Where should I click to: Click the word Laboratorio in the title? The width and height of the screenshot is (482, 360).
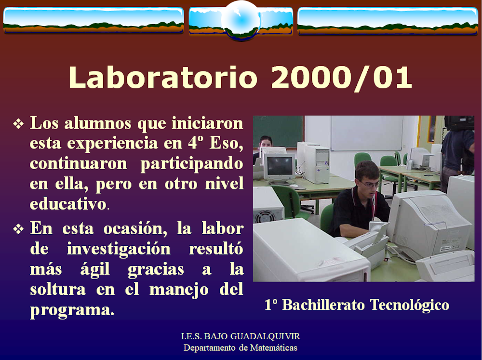162,77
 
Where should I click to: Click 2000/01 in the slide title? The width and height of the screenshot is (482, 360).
341,78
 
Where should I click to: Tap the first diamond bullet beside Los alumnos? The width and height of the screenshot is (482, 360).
18,124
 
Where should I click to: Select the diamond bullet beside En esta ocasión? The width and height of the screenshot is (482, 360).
18,229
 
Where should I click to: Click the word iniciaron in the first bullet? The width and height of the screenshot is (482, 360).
207,123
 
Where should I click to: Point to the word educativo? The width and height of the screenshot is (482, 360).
68,204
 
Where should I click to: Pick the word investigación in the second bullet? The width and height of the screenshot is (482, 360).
119,248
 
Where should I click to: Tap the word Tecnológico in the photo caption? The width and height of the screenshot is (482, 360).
409,305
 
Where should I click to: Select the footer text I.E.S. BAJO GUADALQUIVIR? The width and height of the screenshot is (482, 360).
241,336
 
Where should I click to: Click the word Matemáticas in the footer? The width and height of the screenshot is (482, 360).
274,347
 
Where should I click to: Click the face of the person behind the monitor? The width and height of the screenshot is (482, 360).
266,143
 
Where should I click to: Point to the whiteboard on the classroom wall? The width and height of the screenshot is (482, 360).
366,133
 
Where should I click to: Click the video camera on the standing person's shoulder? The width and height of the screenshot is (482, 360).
459,123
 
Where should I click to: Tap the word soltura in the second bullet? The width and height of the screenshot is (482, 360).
58,289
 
